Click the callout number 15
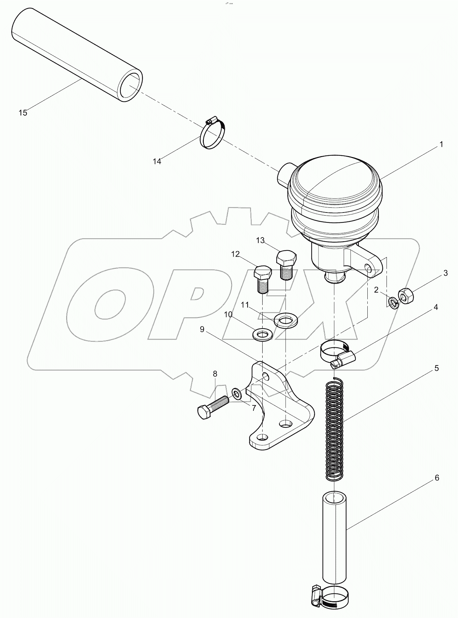pos(23,113)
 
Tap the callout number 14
pos(157,162)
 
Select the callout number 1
pos(441,144)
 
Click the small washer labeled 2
pos(393,302)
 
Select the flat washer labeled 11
pos(286,321)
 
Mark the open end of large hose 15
pos(131,86)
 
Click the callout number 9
pos(202,329)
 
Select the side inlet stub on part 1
pos(283,175)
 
